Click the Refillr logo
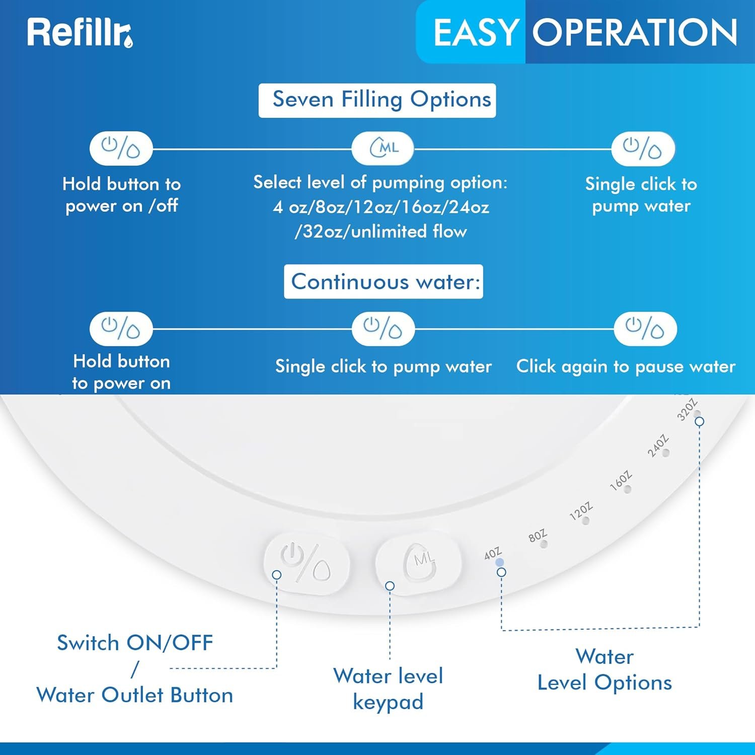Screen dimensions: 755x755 80,33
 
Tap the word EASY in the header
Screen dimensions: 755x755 475,33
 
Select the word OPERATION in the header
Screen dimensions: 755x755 634,33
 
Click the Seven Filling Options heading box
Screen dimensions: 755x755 377,100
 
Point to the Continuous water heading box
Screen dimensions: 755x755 384,281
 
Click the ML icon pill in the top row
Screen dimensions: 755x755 383,148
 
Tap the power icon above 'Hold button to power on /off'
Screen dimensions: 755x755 121,148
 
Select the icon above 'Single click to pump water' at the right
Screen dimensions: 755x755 643,148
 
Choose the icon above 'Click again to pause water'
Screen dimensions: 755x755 645,329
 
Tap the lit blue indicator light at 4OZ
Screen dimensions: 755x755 499,563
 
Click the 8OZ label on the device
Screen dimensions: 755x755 537,536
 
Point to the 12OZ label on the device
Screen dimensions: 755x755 580,511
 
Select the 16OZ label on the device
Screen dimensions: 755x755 620,480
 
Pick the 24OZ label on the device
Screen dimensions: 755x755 657,445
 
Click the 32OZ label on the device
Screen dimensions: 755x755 687,409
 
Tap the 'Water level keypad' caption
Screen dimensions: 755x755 388,689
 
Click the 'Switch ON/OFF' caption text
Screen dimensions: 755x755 135,643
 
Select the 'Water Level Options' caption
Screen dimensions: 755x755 605,669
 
